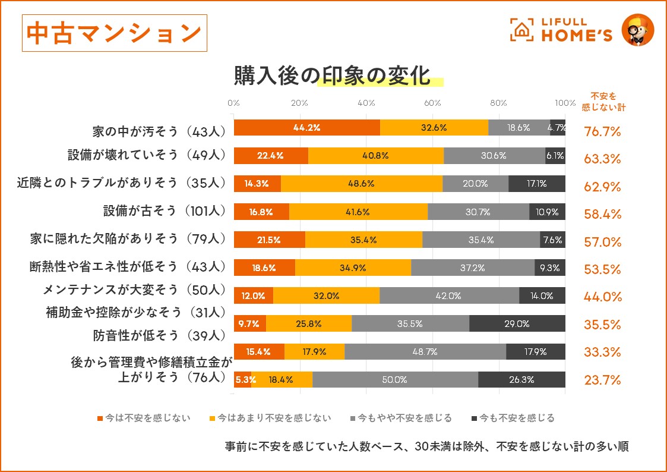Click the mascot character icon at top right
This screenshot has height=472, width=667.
point(637,29)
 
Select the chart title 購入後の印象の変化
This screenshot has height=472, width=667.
point(331,75)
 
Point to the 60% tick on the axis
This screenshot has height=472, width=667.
point(432,102)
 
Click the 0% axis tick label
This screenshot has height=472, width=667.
point(234,102)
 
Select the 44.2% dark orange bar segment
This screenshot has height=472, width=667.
point(307,127)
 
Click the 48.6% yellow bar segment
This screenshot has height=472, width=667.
point(361,183)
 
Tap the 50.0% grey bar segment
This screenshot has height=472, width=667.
point(395,379)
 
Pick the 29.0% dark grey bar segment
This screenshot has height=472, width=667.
point(517,323)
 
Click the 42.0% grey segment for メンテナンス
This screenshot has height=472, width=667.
point(449,295)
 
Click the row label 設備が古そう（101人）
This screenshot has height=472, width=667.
point(165,210)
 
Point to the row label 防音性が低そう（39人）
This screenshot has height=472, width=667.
point(159,335)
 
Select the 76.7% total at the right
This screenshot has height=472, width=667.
point(602,131)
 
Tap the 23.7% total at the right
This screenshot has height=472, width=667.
point(602,380)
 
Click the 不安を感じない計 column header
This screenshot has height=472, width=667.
point(603,102)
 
